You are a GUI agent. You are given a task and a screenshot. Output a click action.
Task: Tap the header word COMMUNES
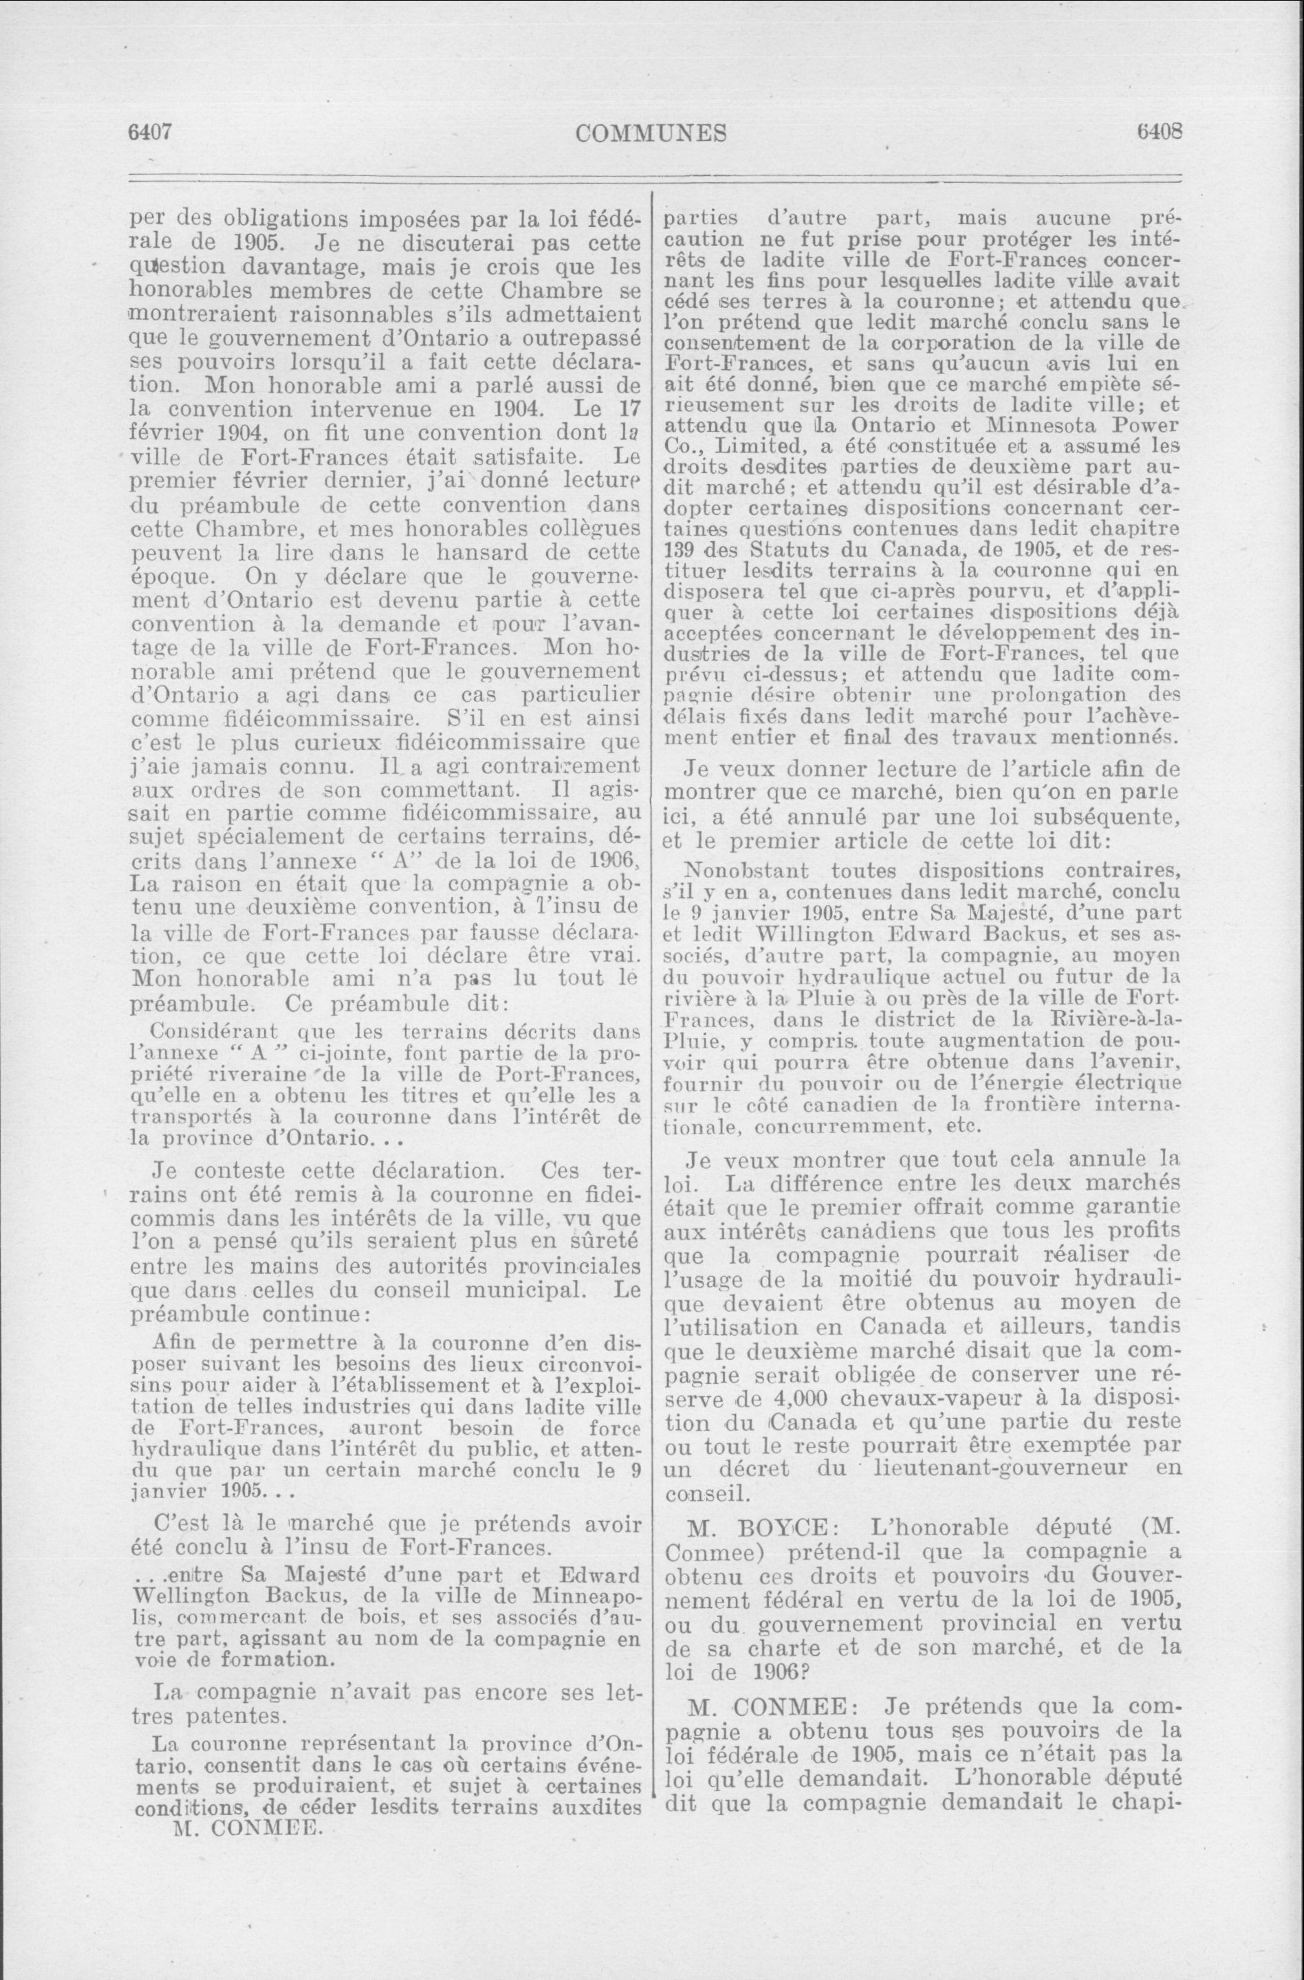pyautogui.click(x=651, y=133)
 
